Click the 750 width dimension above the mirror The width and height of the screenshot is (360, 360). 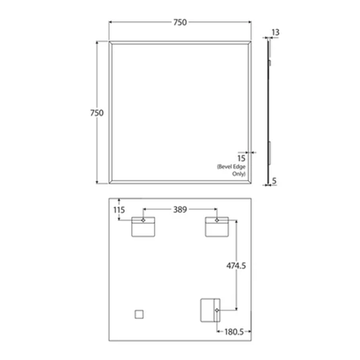(179, 22)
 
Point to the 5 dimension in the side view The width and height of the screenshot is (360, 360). (275, 181)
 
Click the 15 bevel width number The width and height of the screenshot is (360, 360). (241, 157)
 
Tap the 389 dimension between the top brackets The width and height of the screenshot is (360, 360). (180, 209)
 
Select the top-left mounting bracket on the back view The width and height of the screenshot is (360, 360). (143, 227)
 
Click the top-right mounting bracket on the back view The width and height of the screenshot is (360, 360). (217, 227)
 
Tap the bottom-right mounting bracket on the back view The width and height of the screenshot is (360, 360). (209, 311)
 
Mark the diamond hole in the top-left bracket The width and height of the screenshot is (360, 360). (143, 220)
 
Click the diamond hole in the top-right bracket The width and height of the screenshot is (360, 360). (217, 220)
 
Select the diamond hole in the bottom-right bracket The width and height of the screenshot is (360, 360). (217, 310)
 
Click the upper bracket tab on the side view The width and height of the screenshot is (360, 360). (269, 62)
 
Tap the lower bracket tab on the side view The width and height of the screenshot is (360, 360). (269, 149)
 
